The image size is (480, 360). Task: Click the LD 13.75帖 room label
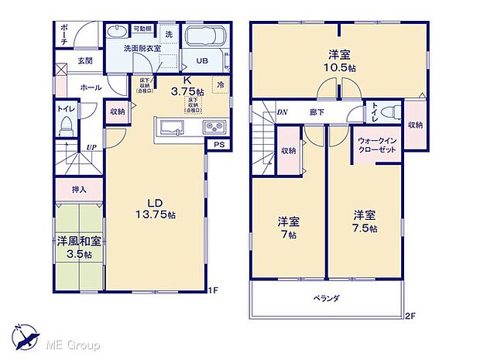point(154,208)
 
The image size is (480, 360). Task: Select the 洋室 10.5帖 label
point(338,60)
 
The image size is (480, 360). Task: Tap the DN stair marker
point(282,112)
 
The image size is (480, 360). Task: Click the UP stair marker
point(91,146)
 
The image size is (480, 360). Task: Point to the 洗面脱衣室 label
point(142,49)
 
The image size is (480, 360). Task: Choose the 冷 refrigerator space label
point(221,85)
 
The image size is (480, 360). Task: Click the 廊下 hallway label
point(317,112)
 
